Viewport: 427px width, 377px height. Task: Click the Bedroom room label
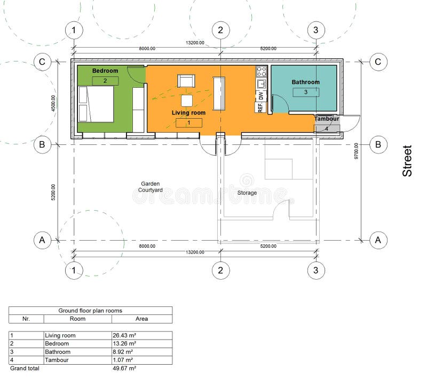[105, 71]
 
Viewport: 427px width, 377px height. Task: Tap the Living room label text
[188, 113]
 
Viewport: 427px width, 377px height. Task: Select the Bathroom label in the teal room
[305, 82]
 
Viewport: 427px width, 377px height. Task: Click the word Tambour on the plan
[326, 119]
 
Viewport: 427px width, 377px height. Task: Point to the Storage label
[247, 193]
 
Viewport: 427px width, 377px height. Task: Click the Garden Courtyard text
[149, 187]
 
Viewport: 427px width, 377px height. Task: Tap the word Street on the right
[407, 161]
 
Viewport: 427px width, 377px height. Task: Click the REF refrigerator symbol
[260, 107]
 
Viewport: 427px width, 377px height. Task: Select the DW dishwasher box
[260, 96]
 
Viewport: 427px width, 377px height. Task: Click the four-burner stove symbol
[261, 72]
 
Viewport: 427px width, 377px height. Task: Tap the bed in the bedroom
[97, 104]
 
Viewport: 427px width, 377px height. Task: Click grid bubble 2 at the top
[220, 30]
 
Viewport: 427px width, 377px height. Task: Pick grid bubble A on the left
[42, 241]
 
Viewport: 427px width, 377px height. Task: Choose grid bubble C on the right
[378, 62]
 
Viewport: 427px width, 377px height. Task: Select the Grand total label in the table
[25, 368]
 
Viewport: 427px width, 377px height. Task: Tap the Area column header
[141, 319]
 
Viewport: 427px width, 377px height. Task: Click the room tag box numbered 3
[306, 92]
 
